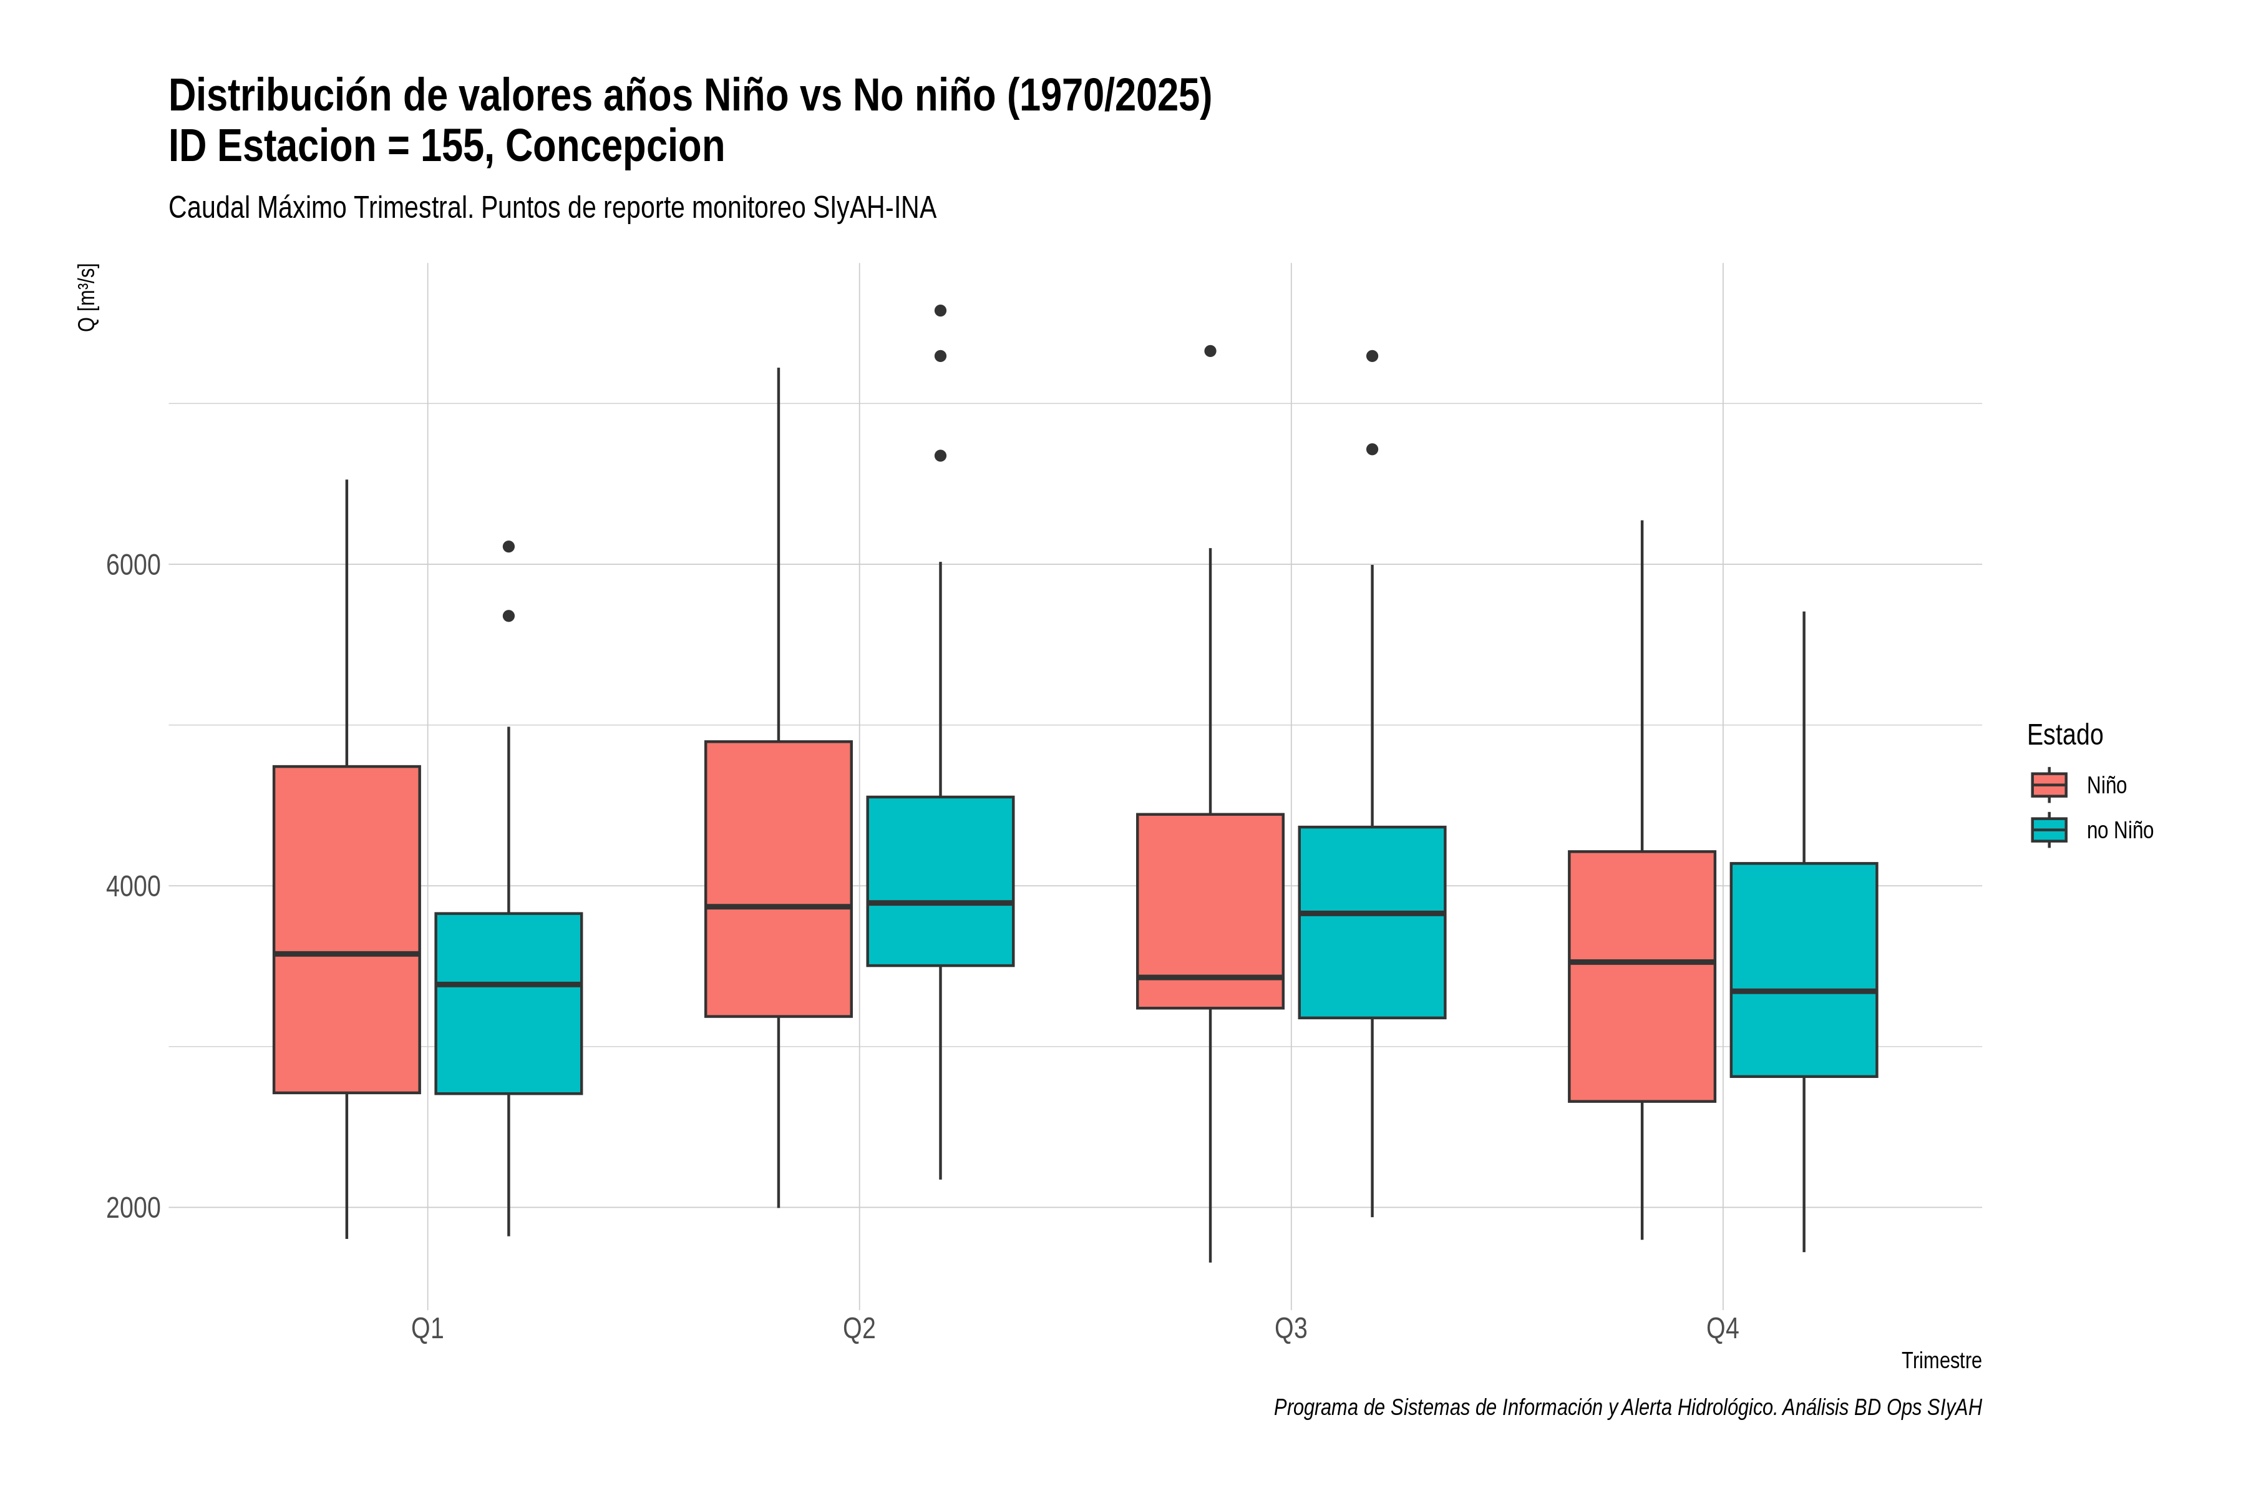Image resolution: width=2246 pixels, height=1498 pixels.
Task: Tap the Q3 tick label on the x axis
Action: pyautogui.click(x=1291, y=1329)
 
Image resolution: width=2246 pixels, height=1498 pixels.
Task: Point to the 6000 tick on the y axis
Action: pyautogui.click(x=133, y=565)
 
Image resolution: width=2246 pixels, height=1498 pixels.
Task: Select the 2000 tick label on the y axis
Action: pyautogui.click(x=133, y=1208)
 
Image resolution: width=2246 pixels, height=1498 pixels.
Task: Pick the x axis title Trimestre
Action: pyautogui.click(x=1942, y=1361)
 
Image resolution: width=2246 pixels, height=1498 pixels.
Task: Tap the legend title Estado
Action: pyautogui.click(x=2064, y=735)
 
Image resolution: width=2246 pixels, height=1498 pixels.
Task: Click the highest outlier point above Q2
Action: pyautogui.click(x=941, y=310)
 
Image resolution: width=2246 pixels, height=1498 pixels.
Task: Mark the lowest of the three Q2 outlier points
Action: pyautogui.click(x=941, y=456)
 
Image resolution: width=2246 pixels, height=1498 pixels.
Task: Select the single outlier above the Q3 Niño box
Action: pyautogui.click(x=1210, y=351)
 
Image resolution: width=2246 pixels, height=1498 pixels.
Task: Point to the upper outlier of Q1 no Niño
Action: pyautogui.click(x=509, y=547)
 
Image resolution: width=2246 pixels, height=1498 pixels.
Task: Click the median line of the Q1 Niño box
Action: pyautogui.click(x=347, y=954)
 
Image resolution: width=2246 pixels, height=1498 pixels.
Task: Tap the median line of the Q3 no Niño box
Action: pyautogui.click(x=1372, y=913)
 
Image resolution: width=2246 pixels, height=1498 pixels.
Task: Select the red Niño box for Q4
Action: pyautogui.click(x=1641, y=976)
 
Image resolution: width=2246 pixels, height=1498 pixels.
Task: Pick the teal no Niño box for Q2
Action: pyautogui.click(x=941, y=881)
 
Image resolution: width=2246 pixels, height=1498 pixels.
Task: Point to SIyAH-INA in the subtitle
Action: pyautogui.click(x=874, y=208)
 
